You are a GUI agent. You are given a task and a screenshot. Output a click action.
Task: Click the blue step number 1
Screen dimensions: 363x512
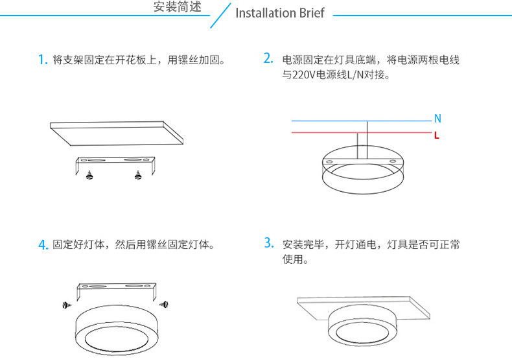(42, 60)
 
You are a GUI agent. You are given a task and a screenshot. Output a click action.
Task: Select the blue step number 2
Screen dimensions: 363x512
(268, 58)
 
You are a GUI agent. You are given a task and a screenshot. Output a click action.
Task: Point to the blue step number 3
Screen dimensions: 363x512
(268, 243)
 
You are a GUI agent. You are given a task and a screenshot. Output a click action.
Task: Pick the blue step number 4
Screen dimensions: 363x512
(43, 245)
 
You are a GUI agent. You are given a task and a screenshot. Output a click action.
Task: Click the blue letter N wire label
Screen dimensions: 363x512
(437, 119)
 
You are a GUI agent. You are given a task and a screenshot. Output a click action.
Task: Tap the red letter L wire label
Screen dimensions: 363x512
(437, 136)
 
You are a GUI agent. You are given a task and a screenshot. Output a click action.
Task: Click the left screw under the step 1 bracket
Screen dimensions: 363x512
(89, 174)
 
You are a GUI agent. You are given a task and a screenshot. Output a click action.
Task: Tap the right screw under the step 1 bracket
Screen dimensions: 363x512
(137, 174)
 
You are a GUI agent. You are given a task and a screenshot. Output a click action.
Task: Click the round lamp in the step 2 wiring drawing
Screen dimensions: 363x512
(360, 172)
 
